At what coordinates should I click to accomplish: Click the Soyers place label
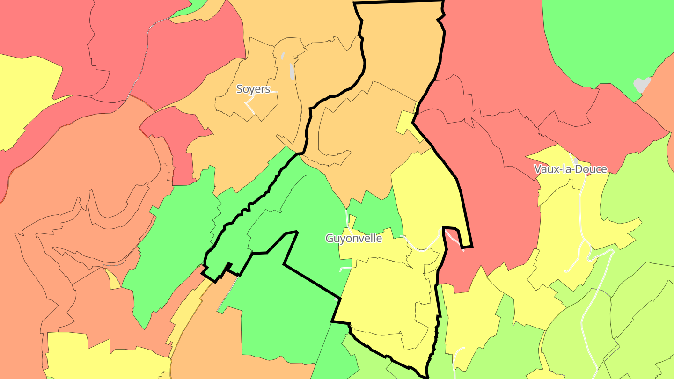[x=253, y=89]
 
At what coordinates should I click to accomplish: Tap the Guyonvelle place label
[x=353, y=238]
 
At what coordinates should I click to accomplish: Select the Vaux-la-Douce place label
[x=571, y=169]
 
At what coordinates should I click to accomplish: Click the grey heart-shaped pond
[x=642, y=84]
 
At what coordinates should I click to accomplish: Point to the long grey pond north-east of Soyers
[x=292, y=72]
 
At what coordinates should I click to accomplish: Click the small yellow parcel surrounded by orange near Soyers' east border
[x=405, y=123]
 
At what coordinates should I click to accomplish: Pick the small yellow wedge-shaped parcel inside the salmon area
[x=113, y=279]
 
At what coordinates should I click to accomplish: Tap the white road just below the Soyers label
[x=250, y=107]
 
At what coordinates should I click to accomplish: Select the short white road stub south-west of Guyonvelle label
[x=345, y=269]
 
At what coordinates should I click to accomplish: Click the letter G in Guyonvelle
[x=330, y=238]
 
